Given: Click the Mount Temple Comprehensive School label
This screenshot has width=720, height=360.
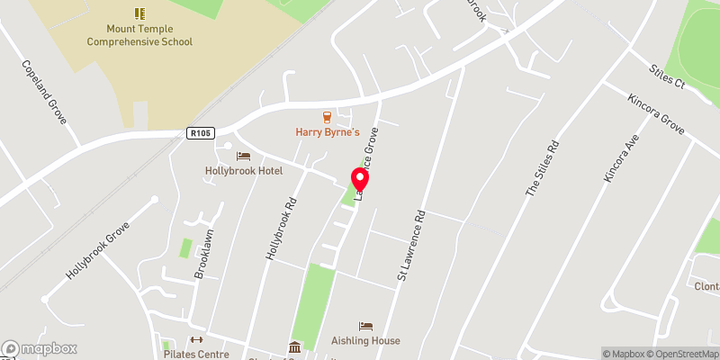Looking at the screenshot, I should pos(139,35).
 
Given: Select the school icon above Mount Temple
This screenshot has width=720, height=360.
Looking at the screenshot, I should pos(139,13).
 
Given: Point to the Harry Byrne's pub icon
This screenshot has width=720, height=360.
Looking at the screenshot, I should pos(328,117).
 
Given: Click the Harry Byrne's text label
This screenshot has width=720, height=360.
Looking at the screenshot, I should pos(328,132).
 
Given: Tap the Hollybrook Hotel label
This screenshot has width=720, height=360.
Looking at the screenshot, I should pos(243,171).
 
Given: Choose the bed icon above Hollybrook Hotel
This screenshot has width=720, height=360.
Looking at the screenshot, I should pos(243,157).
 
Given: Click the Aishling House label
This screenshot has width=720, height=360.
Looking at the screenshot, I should pos(365,341).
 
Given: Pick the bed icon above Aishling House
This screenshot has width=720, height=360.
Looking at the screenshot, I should pos(365,326).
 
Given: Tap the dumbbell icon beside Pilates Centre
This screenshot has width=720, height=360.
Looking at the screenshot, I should pos(197,339).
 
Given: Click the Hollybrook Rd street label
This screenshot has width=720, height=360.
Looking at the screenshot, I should pos(281,231).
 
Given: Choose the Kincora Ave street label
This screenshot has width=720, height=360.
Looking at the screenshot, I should pos(621,161).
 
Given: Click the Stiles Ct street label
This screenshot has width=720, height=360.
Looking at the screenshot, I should pos(667,75).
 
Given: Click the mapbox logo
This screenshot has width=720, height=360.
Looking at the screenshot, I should pos(40,348).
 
